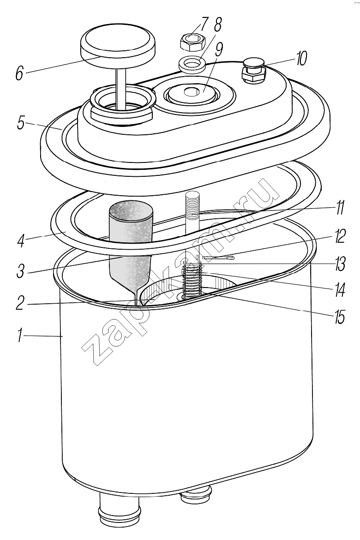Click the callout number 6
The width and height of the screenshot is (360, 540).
(20, 73)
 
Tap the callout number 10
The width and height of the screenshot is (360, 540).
(300, 59)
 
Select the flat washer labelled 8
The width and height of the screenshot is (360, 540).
(192, 63)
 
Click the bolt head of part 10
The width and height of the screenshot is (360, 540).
(254, 71)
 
